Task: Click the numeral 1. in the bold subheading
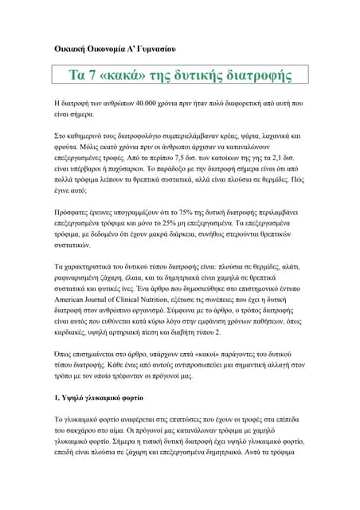(57, 396)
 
